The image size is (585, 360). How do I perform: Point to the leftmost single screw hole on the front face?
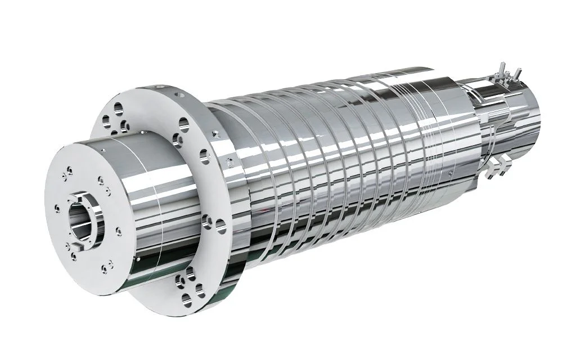[x=56, y=209]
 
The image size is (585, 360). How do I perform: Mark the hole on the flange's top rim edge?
[x=160, y=88]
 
